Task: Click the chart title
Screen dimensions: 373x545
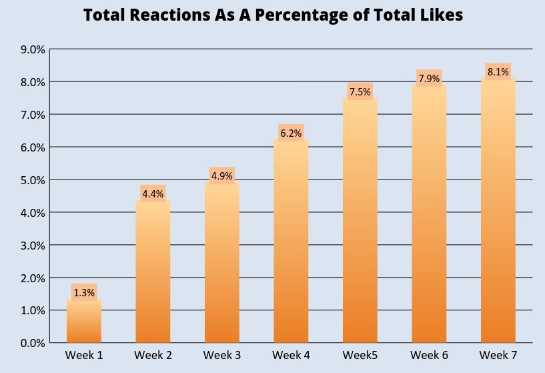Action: (x=273, y=16)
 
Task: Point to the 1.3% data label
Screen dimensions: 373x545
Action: (x=84, y=292)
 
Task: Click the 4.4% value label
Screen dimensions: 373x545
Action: (x=153, y=194)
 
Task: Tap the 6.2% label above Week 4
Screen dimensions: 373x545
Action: (x=291, y=133)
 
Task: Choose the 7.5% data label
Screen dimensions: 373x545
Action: (x=360, y=92)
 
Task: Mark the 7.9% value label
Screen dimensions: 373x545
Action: (x=429, y=79)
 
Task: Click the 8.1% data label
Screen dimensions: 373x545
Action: (x=498, y=72)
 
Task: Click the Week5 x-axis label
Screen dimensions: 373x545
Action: (x=360, y=355)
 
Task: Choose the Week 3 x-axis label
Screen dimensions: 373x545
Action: (x=222, y=355)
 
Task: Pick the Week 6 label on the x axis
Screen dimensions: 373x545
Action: (x=429, y=355)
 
